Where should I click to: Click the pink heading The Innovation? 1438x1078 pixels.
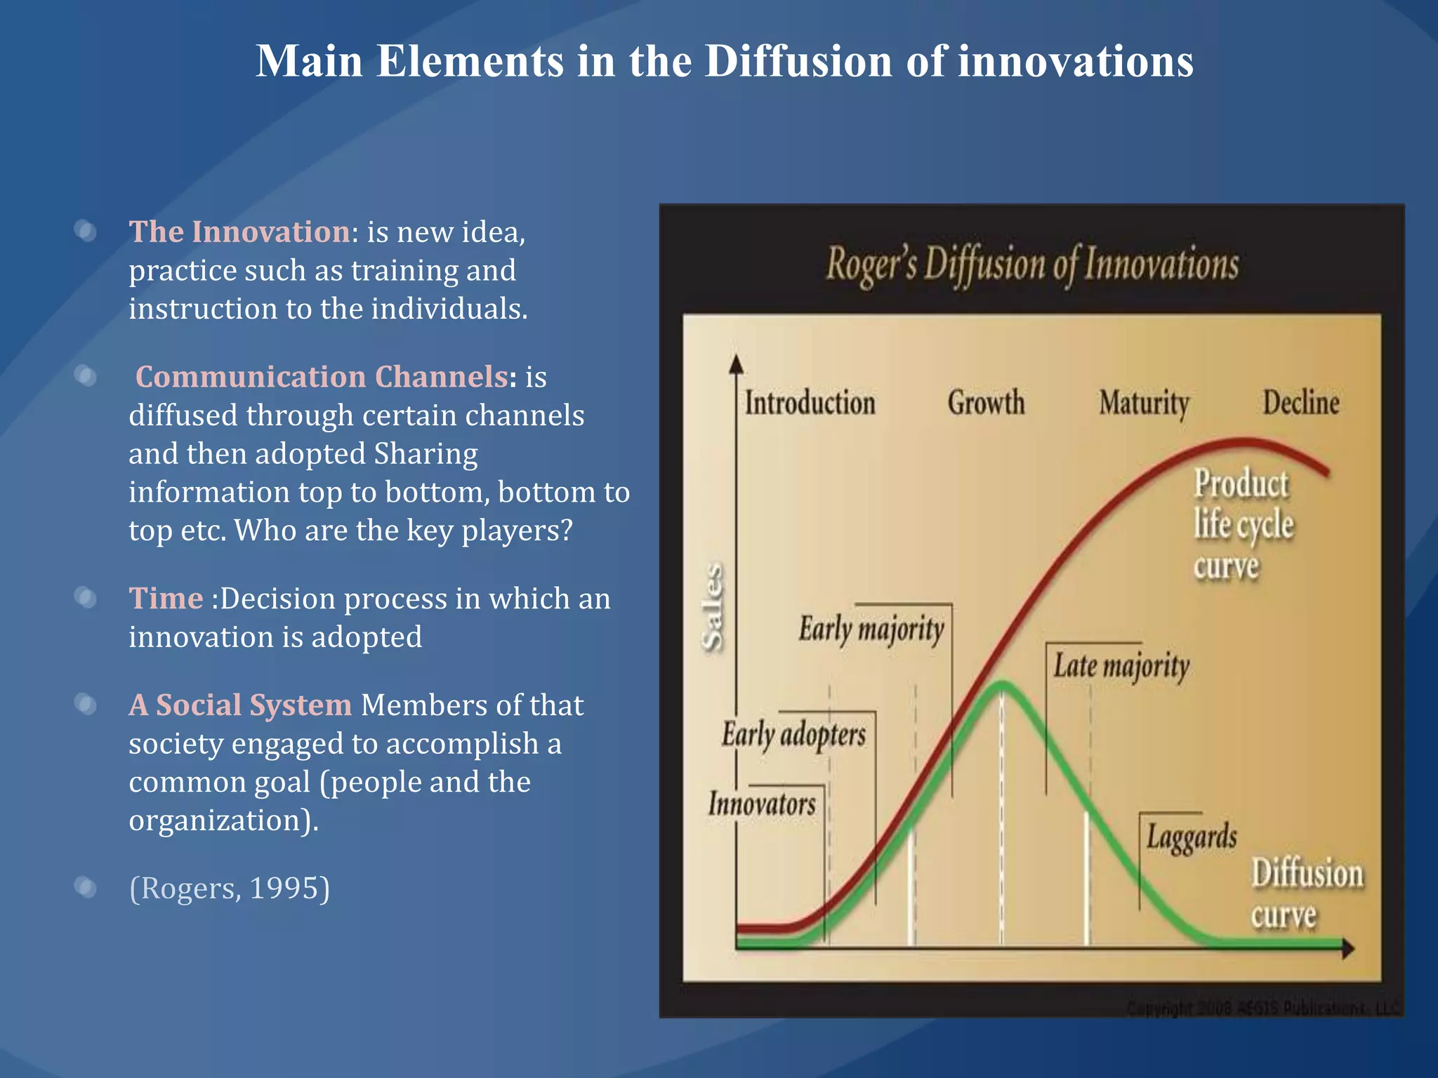[x=239, y=232]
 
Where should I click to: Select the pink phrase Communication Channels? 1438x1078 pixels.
[x=322, y=377]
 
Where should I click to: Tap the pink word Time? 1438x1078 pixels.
[x=166, y=599]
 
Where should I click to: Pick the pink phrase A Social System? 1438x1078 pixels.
[x=240, y=705]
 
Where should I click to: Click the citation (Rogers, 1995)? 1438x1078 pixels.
[x=229, y=888]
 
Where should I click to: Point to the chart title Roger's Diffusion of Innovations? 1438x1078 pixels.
[x=1031, y=265]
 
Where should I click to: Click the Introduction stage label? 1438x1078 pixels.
[x=810, y=404]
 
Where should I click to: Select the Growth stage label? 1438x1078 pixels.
[x=986, y=404]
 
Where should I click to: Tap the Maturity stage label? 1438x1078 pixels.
[x=1144, y=404]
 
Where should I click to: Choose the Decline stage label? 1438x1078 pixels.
[x=1301, y=404]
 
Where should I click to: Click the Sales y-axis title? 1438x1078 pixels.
[x=712, y=607]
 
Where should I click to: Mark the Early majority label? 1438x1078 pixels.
[x=871, y=629]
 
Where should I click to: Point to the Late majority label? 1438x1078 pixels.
[x=1121, y=666]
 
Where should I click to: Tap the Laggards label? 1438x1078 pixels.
[x=1192, y=837]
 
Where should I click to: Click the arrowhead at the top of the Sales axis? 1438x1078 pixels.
[x=736, y=363]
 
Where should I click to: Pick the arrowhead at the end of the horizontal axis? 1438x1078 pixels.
[x=1347, y=949]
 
